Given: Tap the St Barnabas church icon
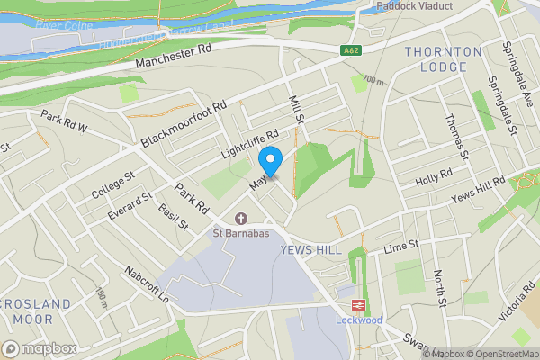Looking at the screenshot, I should pyautogui.click(x=240, y=219).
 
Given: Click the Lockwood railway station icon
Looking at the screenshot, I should pyautogui.click(x=347, y=303).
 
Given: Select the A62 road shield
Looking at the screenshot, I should pyautogui.click(x=351, y=51).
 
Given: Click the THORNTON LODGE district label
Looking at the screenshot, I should pyautogui.click(x=436, y=59).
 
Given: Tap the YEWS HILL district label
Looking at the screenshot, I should pyautogui.click(x=310, y=249).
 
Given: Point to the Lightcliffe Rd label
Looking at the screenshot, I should pyautogui.click(x=252, y=144).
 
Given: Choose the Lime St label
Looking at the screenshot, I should pyautogui.click(x=401, y=246).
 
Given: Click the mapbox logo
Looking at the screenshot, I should pyautogui.click(x=40, y=348).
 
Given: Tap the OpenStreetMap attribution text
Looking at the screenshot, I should pyautogui.click(x=502, y=354).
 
